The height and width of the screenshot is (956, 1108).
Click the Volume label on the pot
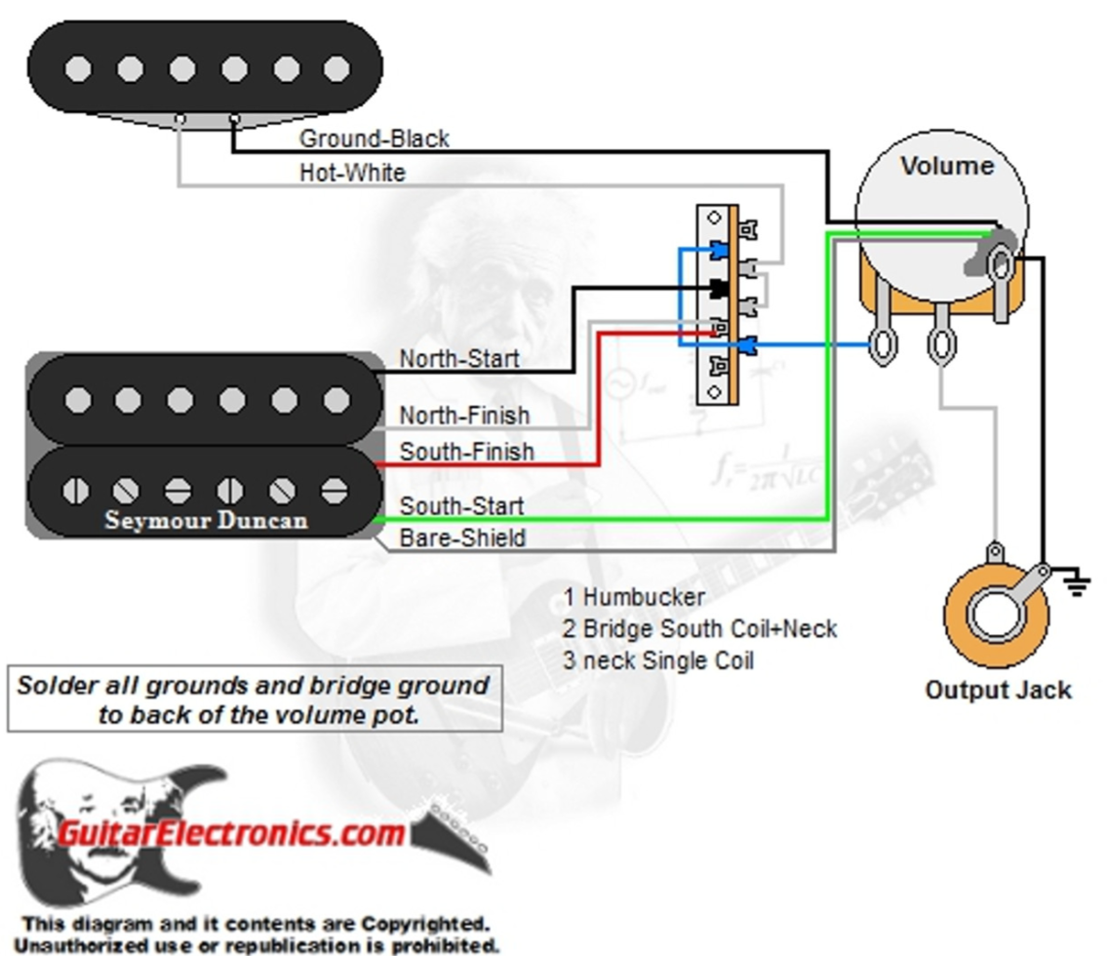click(946, 166)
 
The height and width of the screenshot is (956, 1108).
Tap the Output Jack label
click(997, 691)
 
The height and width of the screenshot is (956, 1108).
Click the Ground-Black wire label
click(374, 139)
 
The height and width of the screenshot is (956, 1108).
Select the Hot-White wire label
click(351, 173)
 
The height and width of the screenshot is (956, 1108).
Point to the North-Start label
click(458, 359)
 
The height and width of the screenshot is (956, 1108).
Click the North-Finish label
click(464, 416)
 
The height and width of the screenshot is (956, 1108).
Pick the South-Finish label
click(466, 452)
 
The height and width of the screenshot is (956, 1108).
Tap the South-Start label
click(460, 506)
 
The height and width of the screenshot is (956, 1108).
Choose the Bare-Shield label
click(462, 538)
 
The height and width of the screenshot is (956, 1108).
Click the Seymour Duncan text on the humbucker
click(206, 520)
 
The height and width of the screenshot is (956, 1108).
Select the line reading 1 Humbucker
click(633, 597)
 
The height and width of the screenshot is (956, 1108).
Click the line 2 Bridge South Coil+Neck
click(699, 629)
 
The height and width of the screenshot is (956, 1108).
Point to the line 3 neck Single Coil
click(658, 661)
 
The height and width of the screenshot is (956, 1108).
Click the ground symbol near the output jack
click(1077, 586)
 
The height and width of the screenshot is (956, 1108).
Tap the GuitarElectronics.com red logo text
click(230, 833)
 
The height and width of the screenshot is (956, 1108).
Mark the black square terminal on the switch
click(718, 289)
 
